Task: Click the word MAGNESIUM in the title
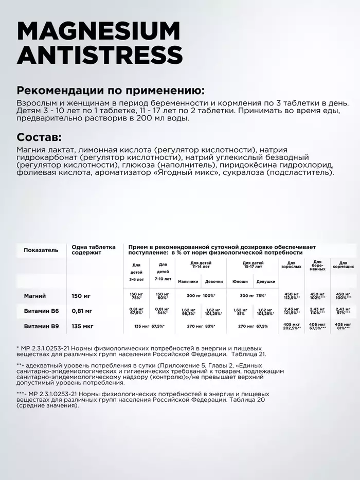(x=99, y=31)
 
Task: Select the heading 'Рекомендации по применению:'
(x=111, y=91)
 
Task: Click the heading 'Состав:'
(x=39, y=137)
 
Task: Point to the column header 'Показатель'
(x=41, y=250)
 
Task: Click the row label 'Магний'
(x=35, y=296)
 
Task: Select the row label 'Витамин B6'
(x=42, y=311)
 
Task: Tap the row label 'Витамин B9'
(x=42, y=326)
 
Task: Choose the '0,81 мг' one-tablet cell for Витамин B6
(x=82, y=311)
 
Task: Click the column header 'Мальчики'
(x=188, y=281)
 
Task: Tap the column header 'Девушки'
(x=265, y=281)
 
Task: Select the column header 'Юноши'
(x=240, y=281)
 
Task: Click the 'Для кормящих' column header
(x=343, y=265)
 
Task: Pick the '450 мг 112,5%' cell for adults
(x=291, y=296)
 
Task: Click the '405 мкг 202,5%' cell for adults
(x=291, y=326)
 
